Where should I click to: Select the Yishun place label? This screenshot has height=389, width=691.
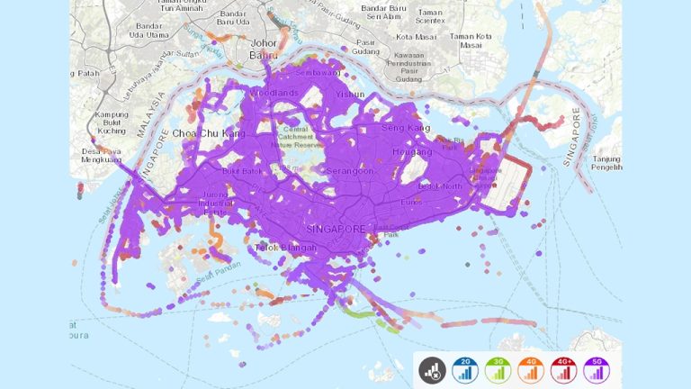click(350, 94)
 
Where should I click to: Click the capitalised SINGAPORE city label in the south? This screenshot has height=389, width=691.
click(335, 229)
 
